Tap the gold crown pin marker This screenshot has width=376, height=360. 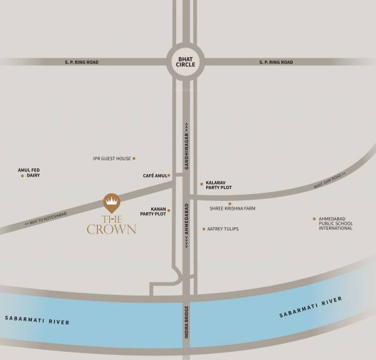[x=111, y=202]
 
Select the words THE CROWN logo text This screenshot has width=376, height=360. [x=111, y=224]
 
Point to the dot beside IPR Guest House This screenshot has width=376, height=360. [x=133, y=158]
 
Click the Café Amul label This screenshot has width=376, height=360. [x=155, y=176]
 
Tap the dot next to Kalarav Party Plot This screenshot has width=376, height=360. [x=201, y=184]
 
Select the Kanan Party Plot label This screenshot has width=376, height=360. [x=153, y=211]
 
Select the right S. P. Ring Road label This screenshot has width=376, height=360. [x=276, y=62]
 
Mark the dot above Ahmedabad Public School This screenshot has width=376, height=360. [x=314, y=219]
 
